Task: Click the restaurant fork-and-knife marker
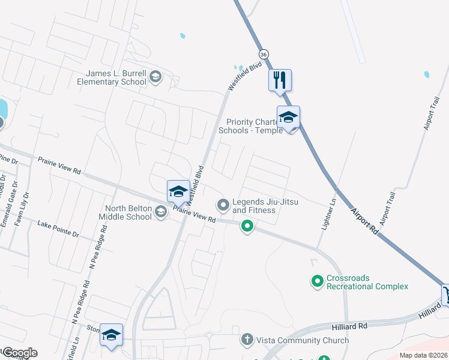click(x=280, y=80)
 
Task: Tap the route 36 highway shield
click(x=265, y=54)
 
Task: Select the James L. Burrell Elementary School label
click(x=116, y=77)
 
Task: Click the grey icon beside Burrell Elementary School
click(x=155, y=76)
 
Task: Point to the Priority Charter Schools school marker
click(x=288, y=117)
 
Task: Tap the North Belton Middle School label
click(x=127, y=212)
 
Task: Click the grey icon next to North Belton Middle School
click(x=160, y=211)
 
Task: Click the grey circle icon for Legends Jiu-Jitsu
click(x=223, y=206)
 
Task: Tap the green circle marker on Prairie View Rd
click(x=247, y=226)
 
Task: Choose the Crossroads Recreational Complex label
click(x=367, y=283)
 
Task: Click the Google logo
click(x=19, y=353)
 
